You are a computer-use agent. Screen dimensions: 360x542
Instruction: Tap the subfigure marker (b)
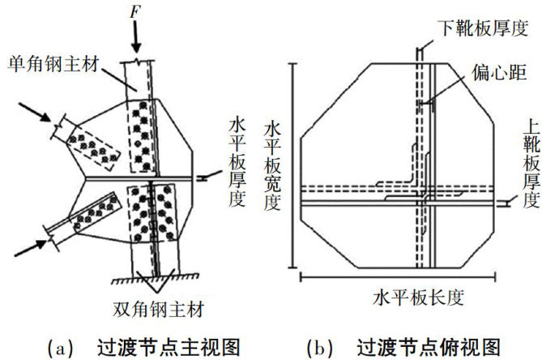coord(318,346)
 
